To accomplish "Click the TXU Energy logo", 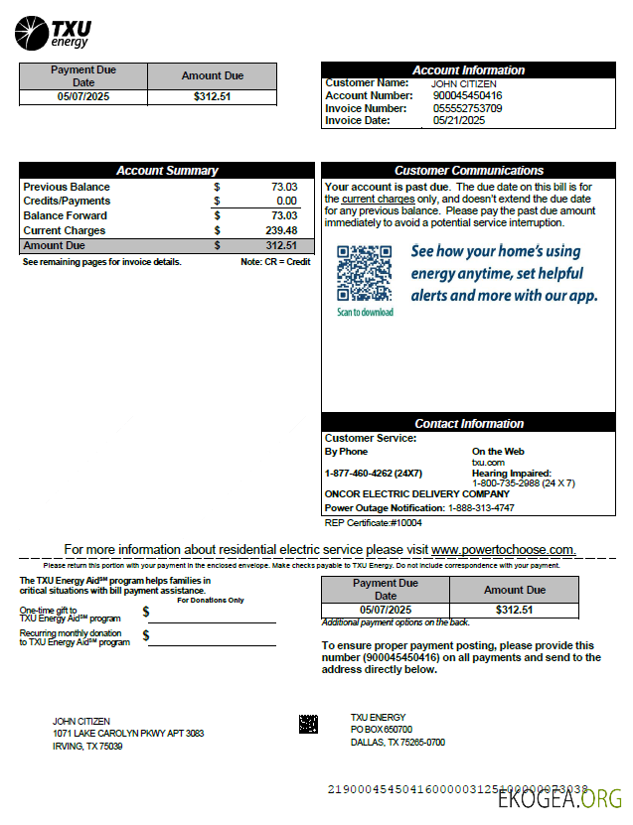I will tap(52, 32).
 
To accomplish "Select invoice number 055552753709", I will tap(467, 108).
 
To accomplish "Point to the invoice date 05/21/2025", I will tap(458, 120).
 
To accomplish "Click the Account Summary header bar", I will tap(167, 171).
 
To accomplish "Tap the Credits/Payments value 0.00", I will tap(286, 201).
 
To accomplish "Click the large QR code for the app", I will tap(364, 273).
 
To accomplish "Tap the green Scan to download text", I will tap(365, 312).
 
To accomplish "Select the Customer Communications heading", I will tap(468, 171).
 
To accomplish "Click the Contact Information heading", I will tap(468, 424).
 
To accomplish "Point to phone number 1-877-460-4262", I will tap(373, 474).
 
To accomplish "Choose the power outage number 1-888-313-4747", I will tap(481, 507).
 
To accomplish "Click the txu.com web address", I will tap(488, 463).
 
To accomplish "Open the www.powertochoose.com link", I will tap(503, 549).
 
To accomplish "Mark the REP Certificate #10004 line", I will tap(373, 522).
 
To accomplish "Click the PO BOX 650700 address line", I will tap(381, 730).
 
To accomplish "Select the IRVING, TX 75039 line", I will tap(87, 747).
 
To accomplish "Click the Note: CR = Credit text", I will tap(275, 262).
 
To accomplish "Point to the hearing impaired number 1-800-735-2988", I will tap(523, 483).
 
